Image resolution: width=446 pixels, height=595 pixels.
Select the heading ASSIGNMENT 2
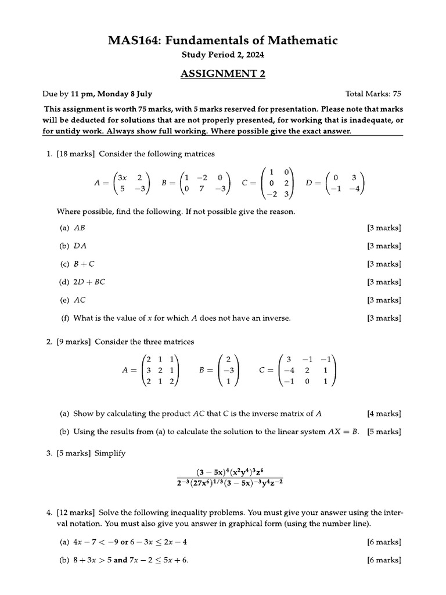coord(223,73)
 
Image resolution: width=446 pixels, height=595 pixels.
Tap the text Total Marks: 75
coord(373,94)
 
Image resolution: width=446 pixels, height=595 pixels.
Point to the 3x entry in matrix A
coord(122,177)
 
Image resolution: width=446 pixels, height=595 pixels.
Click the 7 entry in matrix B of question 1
coord(203,188)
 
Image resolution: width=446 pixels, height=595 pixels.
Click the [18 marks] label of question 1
coord(76,154)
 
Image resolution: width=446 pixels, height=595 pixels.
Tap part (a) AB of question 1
coord(80,228)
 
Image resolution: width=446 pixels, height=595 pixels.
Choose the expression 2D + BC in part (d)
coord(89,282)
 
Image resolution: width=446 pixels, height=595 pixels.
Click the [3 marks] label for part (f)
coord(384,318)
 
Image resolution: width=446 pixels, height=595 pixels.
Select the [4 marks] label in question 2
coord(384,414)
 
